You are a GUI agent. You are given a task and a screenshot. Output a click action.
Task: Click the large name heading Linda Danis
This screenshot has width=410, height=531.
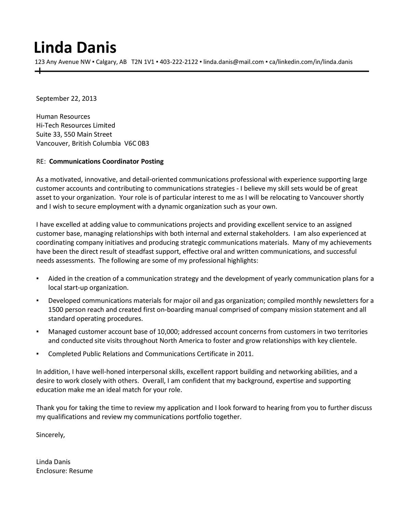tap(75, 48)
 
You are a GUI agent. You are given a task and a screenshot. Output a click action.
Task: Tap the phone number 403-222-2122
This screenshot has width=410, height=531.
tap(179, 62)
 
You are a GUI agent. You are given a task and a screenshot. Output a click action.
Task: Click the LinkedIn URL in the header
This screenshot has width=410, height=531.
tap(311, 62)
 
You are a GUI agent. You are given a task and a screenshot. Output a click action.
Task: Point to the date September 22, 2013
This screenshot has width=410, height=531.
tap(66, 98)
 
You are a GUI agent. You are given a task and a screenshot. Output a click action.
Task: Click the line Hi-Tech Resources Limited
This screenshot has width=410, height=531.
tap(76, 125)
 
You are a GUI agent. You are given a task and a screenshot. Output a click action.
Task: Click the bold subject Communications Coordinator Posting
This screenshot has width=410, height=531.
tap(106, 161)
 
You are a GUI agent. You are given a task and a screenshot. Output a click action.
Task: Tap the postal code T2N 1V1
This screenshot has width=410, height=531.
tap(143, 62)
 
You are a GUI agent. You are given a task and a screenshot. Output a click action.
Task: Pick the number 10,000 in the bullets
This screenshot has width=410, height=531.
tap(166, 332)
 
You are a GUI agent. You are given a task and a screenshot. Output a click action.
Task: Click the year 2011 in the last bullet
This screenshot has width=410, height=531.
tap(245, 354)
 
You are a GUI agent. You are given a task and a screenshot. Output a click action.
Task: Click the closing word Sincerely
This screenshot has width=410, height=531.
tap(50, 435)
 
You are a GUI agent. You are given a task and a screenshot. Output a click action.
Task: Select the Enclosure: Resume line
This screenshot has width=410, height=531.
tap(64, 471)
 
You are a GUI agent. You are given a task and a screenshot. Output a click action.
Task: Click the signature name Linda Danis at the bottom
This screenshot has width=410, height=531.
tap(53, 462)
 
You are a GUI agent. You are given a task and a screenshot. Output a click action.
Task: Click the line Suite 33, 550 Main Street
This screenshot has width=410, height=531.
tap(74, 134)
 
